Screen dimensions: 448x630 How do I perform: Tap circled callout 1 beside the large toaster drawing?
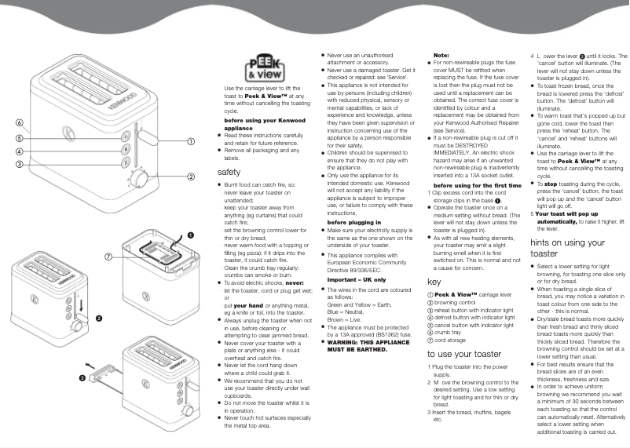pyautogui.click(x=190, y=142)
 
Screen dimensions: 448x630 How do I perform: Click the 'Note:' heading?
pyautogui.click(x=441, y=56)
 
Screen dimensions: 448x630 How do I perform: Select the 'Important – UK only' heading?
pyautogui.click(x=357, y=279)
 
